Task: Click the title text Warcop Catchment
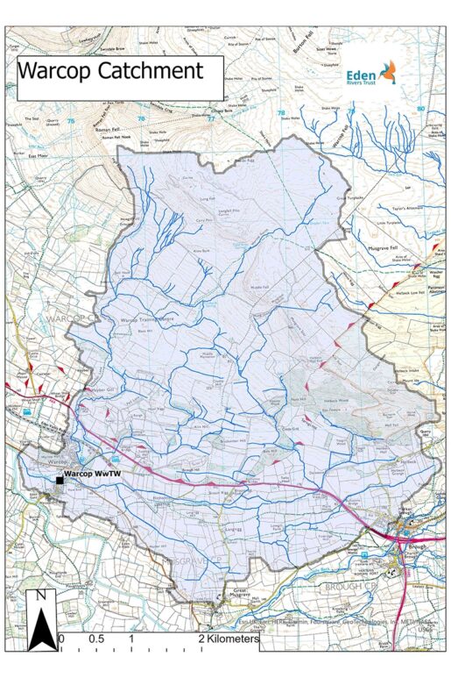coord(110,70)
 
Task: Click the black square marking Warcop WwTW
coord(60,481)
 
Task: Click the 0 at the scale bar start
coord(60,639)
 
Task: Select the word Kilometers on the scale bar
coord(234,639)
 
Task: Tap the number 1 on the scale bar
coord(131,639)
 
